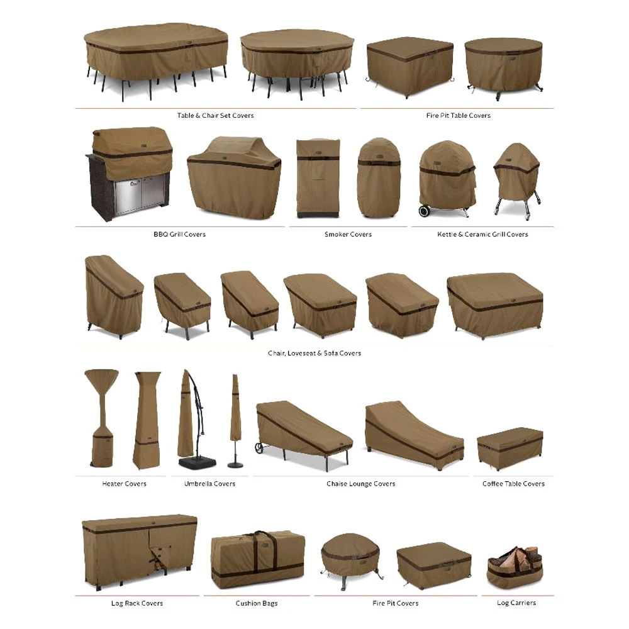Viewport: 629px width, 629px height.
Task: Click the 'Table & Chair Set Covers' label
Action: click(x=215, y=116)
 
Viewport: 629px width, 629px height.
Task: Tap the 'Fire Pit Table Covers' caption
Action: click(x=458, y=116)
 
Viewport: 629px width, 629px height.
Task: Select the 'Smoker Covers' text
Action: click(x=348, y=235)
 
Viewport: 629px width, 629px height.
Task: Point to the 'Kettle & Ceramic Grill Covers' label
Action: click(x=482, y=235)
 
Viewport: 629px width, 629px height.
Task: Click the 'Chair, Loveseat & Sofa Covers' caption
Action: click(x=314, y=353)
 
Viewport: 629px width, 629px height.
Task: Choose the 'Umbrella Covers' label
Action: click(x=209, y=484)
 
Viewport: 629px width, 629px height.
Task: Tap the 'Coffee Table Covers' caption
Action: click(x=513, y=484)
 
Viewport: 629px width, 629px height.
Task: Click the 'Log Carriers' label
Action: click(x=516, y=603)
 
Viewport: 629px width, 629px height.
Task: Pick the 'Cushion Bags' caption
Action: click(x=257, y=603)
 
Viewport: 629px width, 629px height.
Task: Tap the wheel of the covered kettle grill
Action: click(x=425, y=211)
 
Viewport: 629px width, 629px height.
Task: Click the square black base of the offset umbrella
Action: click(x=197, y=462)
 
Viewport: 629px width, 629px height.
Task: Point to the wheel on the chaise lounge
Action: click(x=259, y=448)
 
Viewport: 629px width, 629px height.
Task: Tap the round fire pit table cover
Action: click(x=503, y=63)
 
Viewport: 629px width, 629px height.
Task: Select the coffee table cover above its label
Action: click(x=509, y=448)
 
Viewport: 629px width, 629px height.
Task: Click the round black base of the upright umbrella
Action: click(x=236, y=464)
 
